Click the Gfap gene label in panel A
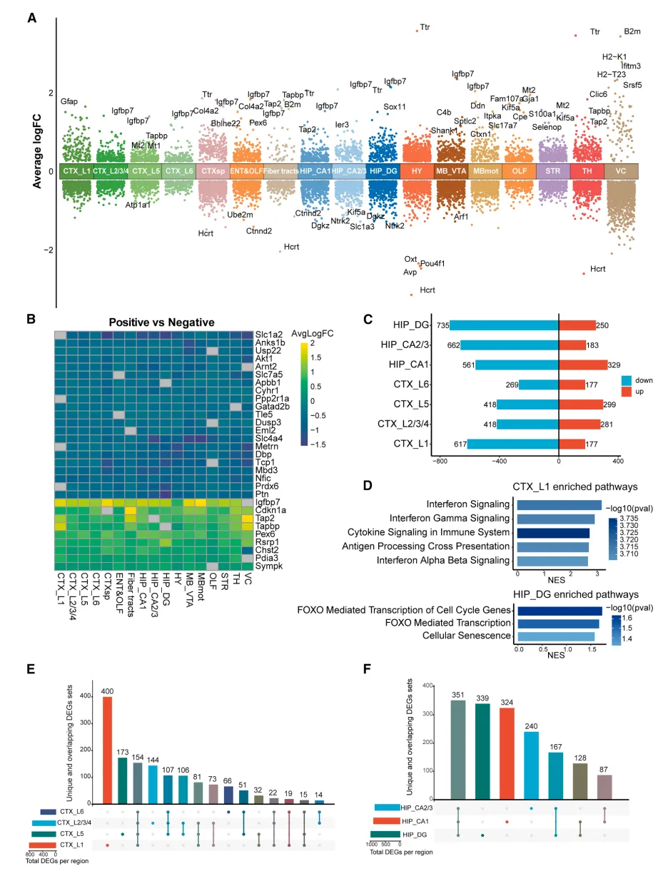pos(69,101)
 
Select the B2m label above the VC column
pos(632,32)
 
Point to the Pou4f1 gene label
pos(432,263)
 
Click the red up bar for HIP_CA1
pos(582,365)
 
